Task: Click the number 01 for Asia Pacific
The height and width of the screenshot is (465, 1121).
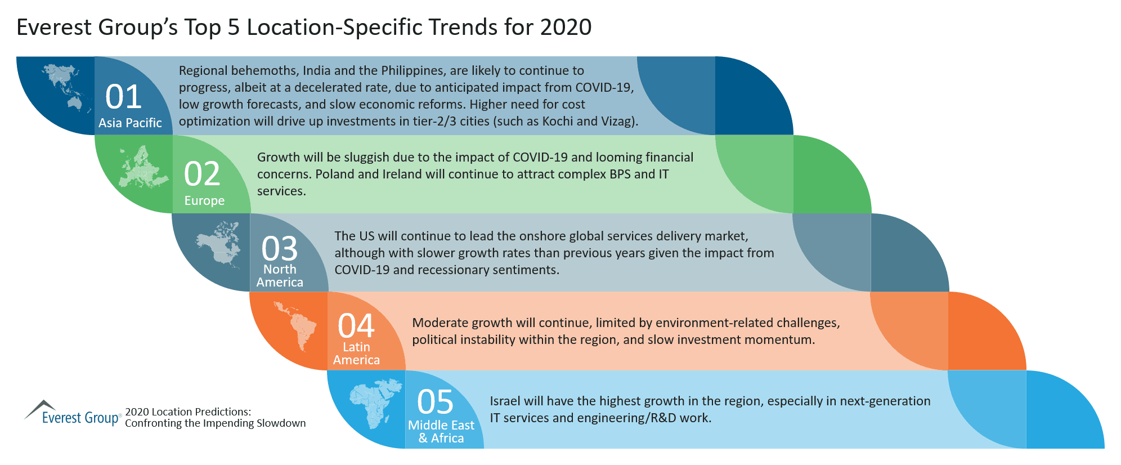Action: coord(123,97)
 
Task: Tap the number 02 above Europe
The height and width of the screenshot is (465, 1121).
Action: coord(201,174)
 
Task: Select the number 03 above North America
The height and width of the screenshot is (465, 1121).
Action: coord(279,249)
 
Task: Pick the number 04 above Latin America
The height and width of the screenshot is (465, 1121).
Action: coord(356,326)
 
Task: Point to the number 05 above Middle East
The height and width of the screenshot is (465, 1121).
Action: coord(434,403)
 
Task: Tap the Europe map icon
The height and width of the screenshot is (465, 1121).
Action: coord(142,168)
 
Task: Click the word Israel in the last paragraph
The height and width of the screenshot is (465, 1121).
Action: coord(505,401)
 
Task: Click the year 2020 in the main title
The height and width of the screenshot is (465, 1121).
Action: coord(566,28)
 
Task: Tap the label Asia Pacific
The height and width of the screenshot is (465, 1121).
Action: coord(130,123)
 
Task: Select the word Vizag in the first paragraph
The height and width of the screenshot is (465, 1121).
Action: coord(618,122)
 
